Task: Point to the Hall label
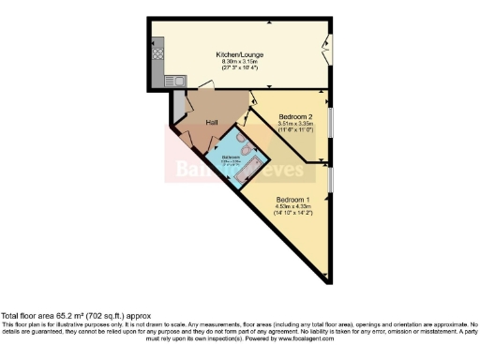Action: click(212, 123)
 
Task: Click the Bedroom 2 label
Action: click(295, 116)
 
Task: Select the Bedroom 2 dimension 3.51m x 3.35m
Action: click(295, 124)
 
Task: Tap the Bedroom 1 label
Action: click(293, 199)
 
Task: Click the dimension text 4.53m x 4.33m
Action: click(293, 206)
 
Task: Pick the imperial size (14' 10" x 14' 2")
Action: click(293, 214)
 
